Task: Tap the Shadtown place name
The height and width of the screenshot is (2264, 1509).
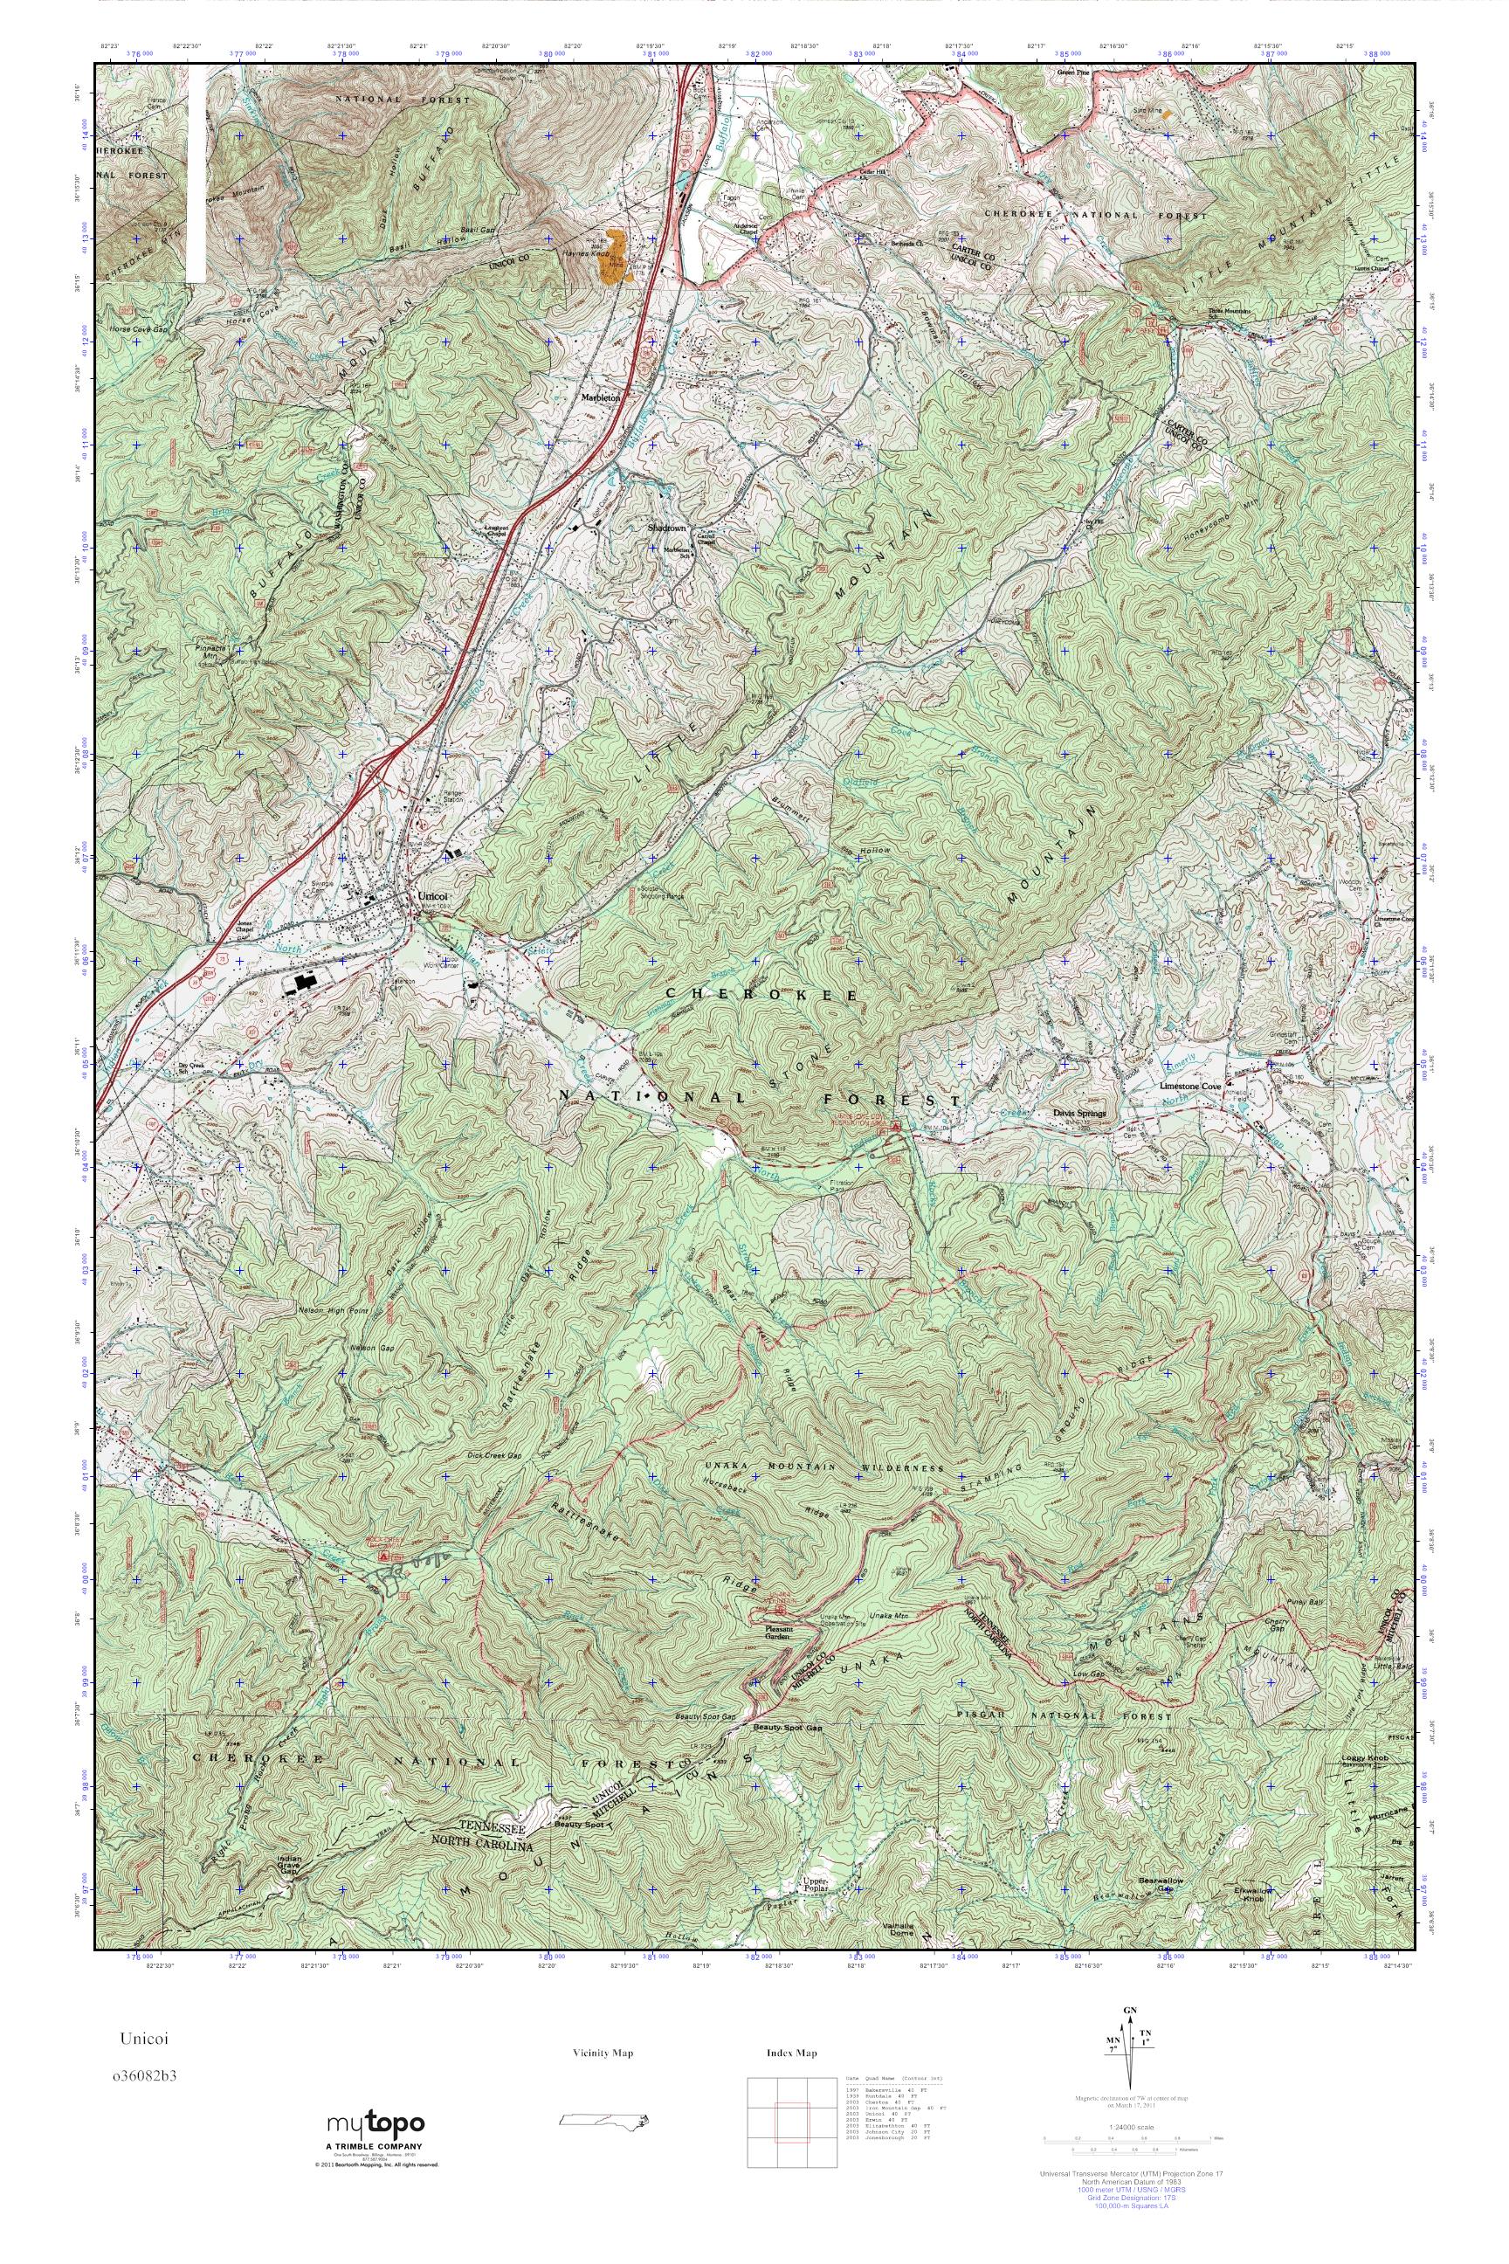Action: tap(666, 528)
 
